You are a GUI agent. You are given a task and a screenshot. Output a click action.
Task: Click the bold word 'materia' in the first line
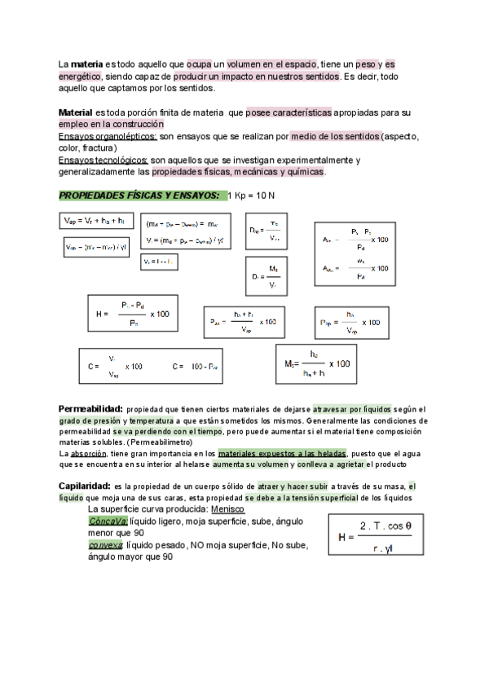[x=86, y=64]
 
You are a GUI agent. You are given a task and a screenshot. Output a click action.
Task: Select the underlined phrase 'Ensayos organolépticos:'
[x=102, y=136]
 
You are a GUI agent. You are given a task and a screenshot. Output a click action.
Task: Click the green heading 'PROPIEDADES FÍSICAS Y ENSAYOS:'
[x=139, y=196]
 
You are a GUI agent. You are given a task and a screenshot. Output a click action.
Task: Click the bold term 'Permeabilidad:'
[x=90, y=408]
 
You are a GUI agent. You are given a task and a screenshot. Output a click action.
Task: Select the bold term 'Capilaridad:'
[x=84, y=486]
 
